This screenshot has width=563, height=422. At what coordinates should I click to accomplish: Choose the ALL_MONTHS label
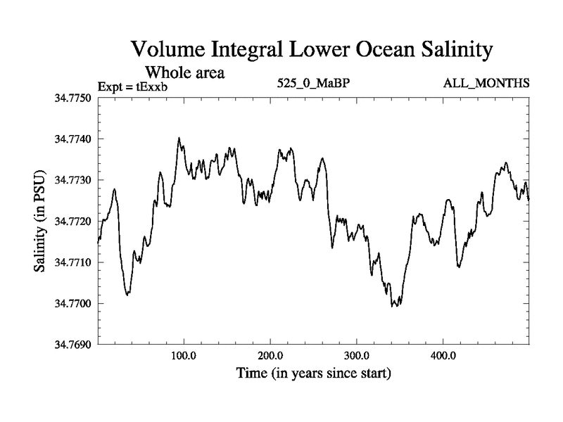[486, 84]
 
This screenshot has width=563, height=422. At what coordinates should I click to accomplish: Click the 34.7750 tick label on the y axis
[73, 98]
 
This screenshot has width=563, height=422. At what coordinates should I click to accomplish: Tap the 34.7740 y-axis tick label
[73, 139]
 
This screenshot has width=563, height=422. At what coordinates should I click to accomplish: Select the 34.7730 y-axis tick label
[73, 180]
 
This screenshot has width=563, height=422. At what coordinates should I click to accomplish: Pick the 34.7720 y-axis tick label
[73, 222]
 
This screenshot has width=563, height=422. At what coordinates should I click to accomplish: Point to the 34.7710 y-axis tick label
[73, 262]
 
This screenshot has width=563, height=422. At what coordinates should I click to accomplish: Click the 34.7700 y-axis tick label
[73, 304]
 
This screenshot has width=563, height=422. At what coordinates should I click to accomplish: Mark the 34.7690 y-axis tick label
[73, 345]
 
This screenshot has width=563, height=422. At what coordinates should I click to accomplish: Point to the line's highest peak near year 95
[179, 139]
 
